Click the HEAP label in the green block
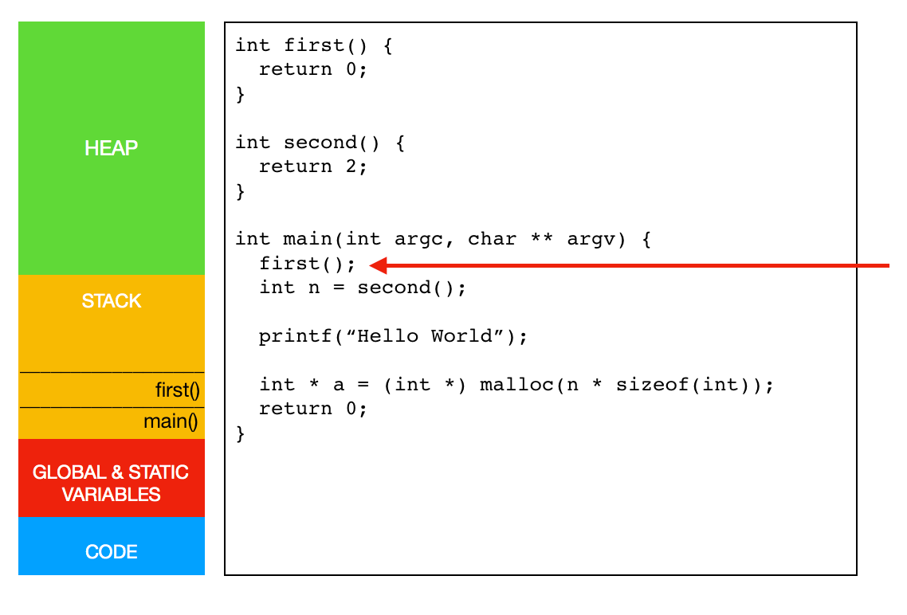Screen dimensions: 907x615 point(111,148)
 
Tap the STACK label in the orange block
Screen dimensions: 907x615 point(111,300)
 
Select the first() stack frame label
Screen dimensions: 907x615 point(178,390)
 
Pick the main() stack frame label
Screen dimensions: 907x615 point(171,421)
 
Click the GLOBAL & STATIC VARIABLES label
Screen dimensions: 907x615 point(111,484)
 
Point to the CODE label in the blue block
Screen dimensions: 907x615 point(111,551)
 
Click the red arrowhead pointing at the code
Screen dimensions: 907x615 point(379,265)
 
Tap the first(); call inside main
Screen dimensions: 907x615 point(307,264)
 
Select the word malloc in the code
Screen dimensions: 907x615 point(516,384)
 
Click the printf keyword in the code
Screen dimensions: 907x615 point(295,336)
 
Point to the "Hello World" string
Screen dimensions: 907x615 point(425,336)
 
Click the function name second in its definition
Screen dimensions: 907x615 point(320,142)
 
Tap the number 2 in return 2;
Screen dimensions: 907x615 point(351,166)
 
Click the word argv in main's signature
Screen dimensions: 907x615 point(590,239)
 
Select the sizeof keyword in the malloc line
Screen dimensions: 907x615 point(652,384)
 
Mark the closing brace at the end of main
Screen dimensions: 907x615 point(241,433)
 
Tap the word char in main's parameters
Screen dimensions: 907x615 point(492,239)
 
